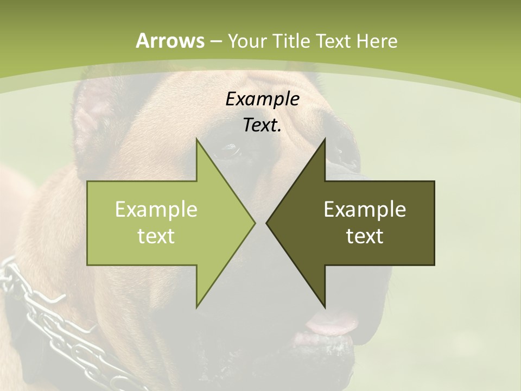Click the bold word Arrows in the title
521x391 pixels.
pyautogui.click(x=170, y=41)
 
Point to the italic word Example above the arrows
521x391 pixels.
pyautogui.click(x=262, y=99)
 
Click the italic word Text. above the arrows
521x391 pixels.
pyautogui.click(x=262, y=125)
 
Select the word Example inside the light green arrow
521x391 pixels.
pyautogui.click(x=156, y=209)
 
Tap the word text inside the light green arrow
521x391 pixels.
pyautogui.click(x=156, y=236)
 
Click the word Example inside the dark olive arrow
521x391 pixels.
pyautogui.click(x=365, y=209)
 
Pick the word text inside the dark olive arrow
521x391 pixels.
pyautogui.click(x=365, y=236)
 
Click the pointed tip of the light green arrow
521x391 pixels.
pyautogui.click(x=254, y=223)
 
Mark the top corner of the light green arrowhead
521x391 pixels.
pyautogui.click(x=196, y=140)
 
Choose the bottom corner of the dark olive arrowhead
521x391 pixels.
pyautogui.click(x=325, y=307)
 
